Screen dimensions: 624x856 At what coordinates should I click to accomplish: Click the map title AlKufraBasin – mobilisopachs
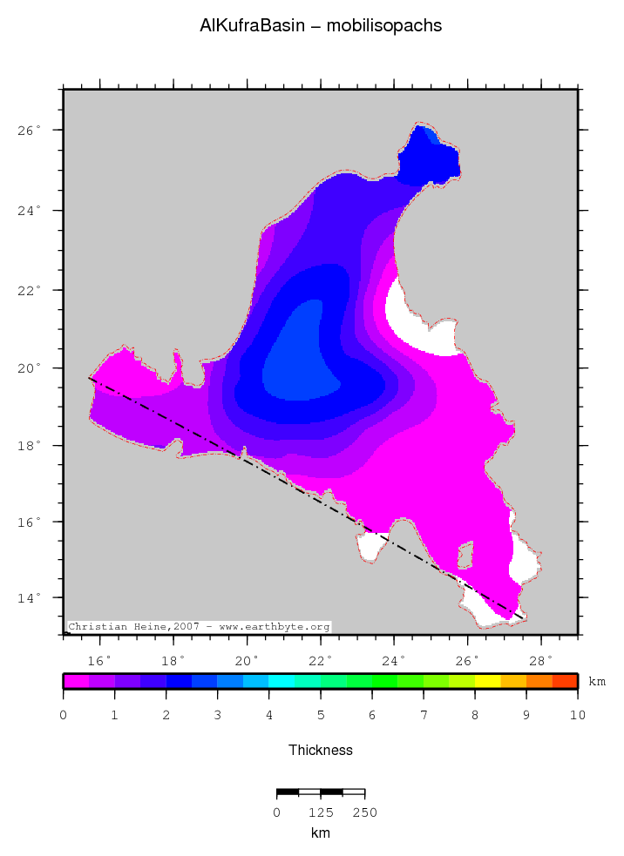click(x=321, y=26)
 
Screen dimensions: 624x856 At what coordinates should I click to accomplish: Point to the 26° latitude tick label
click(x=31, y=131)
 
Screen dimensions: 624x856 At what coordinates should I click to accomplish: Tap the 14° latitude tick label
click(x=31, y=598)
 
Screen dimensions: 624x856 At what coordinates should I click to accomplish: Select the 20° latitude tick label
click(x=31, y=368)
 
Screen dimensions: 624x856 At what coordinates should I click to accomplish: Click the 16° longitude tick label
click(x=100, y=659)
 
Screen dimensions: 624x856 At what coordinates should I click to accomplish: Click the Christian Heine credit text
click(x=199, y=627)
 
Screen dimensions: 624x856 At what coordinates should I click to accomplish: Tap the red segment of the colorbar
click(x=565, y=681)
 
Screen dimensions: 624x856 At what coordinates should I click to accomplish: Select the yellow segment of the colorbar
click(x=487, y=681)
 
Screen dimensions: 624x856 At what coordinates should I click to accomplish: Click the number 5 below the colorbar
click(x=321, y=715)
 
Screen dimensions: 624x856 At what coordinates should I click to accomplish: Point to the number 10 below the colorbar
click(x=577, y=715)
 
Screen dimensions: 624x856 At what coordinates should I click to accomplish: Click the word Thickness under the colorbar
click(x=320, y=750)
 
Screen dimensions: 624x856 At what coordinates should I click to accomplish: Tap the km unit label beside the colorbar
click(x=597, y=681)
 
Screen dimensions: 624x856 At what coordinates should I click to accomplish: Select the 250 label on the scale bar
click(x=364, y=813)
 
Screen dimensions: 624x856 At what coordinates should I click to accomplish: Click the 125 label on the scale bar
click(x=320, y=813)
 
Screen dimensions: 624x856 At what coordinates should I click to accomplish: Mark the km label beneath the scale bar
click(x=320, y=833)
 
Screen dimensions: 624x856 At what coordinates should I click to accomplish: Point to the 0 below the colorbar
click(x=63, y=715)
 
